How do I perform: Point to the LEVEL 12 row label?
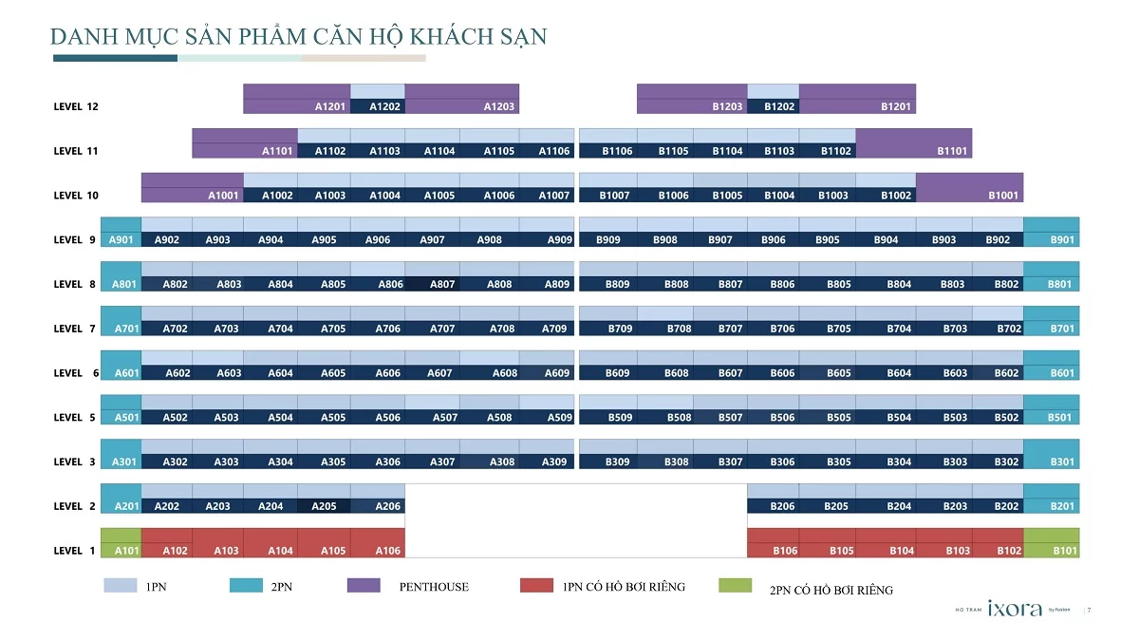tap(76, 106)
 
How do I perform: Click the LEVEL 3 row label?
tap(75, 462)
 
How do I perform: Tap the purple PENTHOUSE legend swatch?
tap(364, 586)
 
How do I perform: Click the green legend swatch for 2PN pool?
tap(735, 586)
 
